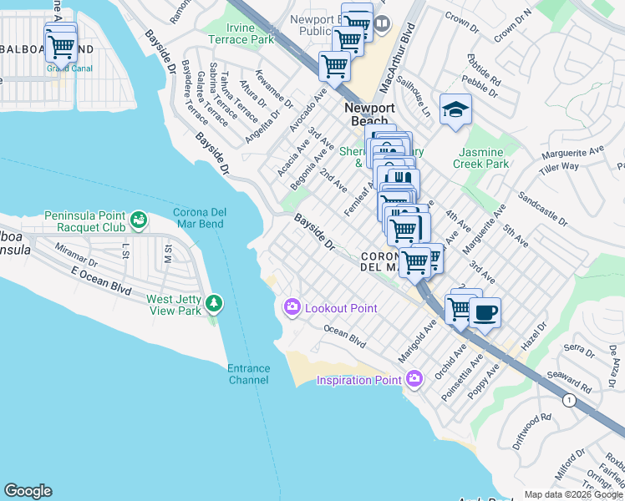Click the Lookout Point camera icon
[x=292, y=308]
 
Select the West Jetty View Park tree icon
[x=215, y=302]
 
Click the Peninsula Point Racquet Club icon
[x=138, y=220]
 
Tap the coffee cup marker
[x=485, y=313]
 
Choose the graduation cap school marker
[x=455, y=110]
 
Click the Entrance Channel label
[x=249, y=374]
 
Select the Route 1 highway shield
[x=568, y=400]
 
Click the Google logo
[x=28, y=491]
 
